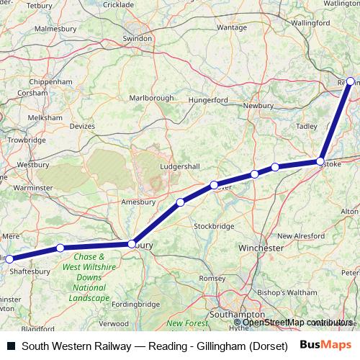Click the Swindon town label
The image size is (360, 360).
[138, 38]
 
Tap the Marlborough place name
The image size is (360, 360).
[151, 98]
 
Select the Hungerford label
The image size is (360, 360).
[207, 101]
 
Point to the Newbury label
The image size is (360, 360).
[258, 106]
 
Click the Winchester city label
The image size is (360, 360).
[261, 248]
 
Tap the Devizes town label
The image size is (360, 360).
[81, 126]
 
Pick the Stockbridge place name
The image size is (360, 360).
[214, 226]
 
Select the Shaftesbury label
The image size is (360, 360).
[30, 271]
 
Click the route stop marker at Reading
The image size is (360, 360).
[351, 81]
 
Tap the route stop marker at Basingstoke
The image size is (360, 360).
[320, 161]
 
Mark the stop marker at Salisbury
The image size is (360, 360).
[131, 244]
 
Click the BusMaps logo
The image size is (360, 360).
[325, 346]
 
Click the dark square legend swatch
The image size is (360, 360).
[11, 346]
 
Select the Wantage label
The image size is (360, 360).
[231, 27]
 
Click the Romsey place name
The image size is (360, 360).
[212, 278]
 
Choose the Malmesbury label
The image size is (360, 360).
[55, 29]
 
